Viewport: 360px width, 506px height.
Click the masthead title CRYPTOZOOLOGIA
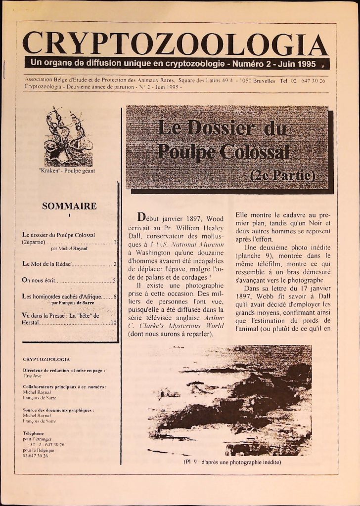tap(176, 44)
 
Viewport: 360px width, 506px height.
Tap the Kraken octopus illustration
tap(68, 138)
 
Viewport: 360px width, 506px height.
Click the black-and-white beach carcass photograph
tap(229, 400)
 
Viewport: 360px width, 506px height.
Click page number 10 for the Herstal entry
tap(113, 323)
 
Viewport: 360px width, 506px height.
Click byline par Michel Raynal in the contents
tap(69, 249)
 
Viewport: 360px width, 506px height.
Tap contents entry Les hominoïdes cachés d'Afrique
tap(61, 296)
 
